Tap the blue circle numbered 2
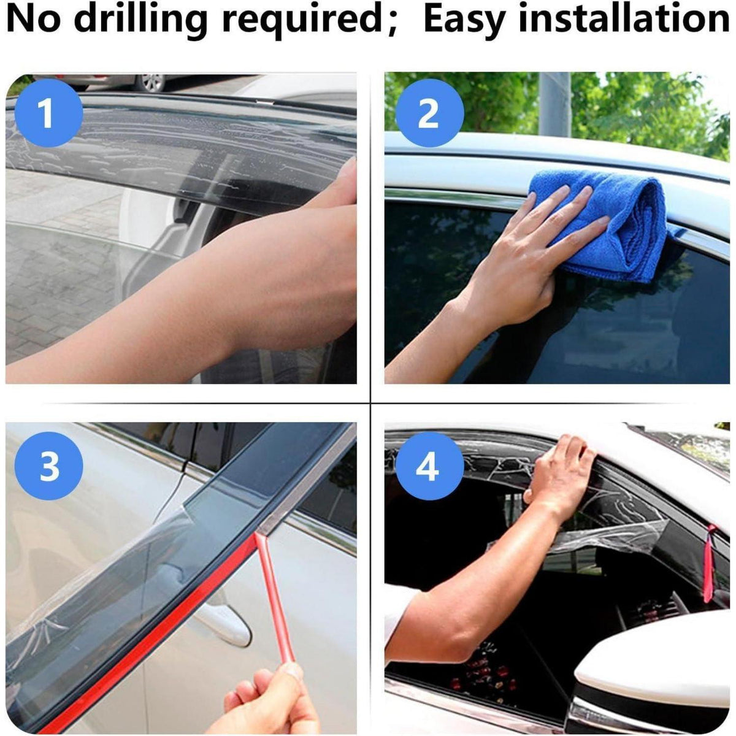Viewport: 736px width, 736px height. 429,113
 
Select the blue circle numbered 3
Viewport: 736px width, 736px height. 48,466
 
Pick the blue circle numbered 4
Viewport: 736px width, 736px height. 429,466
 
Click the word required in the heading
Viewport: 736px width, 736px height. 302,21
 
